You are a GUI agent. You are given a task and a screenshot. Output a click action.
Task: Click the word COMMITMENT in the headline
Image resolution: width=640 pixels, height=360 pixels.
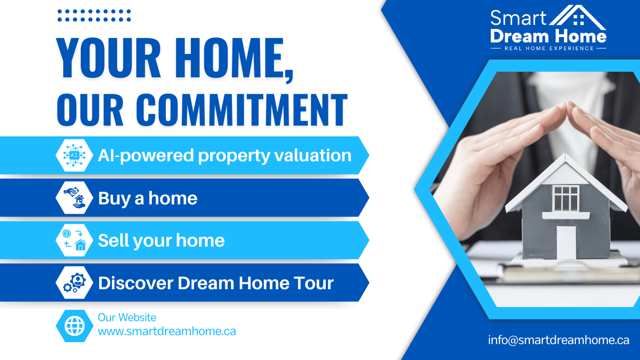point(242,110)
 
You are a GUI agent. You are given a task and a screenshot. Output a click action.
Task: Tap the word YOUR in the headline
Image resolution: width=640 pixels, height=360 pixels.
point(109,58)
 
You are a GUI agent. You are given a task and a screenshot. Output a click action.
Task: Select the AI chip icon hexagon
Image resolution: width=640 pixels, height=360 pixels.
point(74,155)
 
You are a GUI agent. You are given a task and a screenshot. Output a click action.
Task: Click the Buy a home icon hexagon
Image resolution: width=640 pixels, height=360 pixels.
point(74,198)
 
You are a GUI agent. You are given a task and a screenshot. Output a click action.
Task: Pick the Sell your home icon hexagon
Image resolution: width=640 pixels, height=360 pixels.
point(74,240)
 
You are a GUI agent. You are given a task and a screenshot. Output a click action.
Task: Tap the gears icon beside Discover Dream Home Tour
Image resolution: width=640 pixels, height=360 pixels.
point(74,283)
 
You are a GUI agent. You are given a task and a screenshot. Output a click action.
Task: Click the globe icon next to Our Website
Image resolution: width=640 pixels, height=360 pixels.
point(74,326)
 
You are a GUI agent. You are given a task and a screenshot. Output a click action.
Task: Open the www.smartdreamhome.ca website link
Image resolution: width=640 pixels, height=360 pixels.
point(167,331)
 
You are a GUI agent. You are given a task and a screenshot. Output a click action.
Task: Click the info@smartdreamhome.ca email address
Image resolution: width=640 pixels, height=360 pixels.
point(558,340)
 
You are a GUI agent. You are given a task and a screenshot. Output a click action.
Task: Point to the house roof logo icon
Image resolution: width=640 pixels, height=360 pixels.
point(577,18)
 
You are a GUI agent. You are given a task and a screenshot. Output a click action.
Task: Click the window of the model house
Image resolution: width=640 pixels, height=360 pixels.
point(566,198)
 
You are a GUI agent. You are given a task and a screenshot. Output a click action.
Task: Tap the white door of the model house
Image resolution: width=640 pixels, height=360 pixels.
point(566,242)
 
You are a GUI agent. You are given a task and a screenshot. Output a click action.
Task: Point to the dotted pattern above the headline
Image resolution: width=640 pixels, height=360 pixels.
point(94,15)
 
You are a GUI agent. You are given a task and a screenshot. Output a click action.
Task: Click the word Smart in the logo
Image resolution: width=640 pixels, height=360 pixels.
point(518,18)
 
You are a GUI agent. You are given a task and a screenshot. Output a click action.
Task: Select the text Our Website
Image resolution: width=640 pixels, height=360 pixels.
point(127,317)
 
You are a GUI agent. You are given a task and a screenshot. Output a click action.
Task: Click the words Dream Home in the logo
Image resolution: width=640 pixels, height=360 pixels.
point(548,36)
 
